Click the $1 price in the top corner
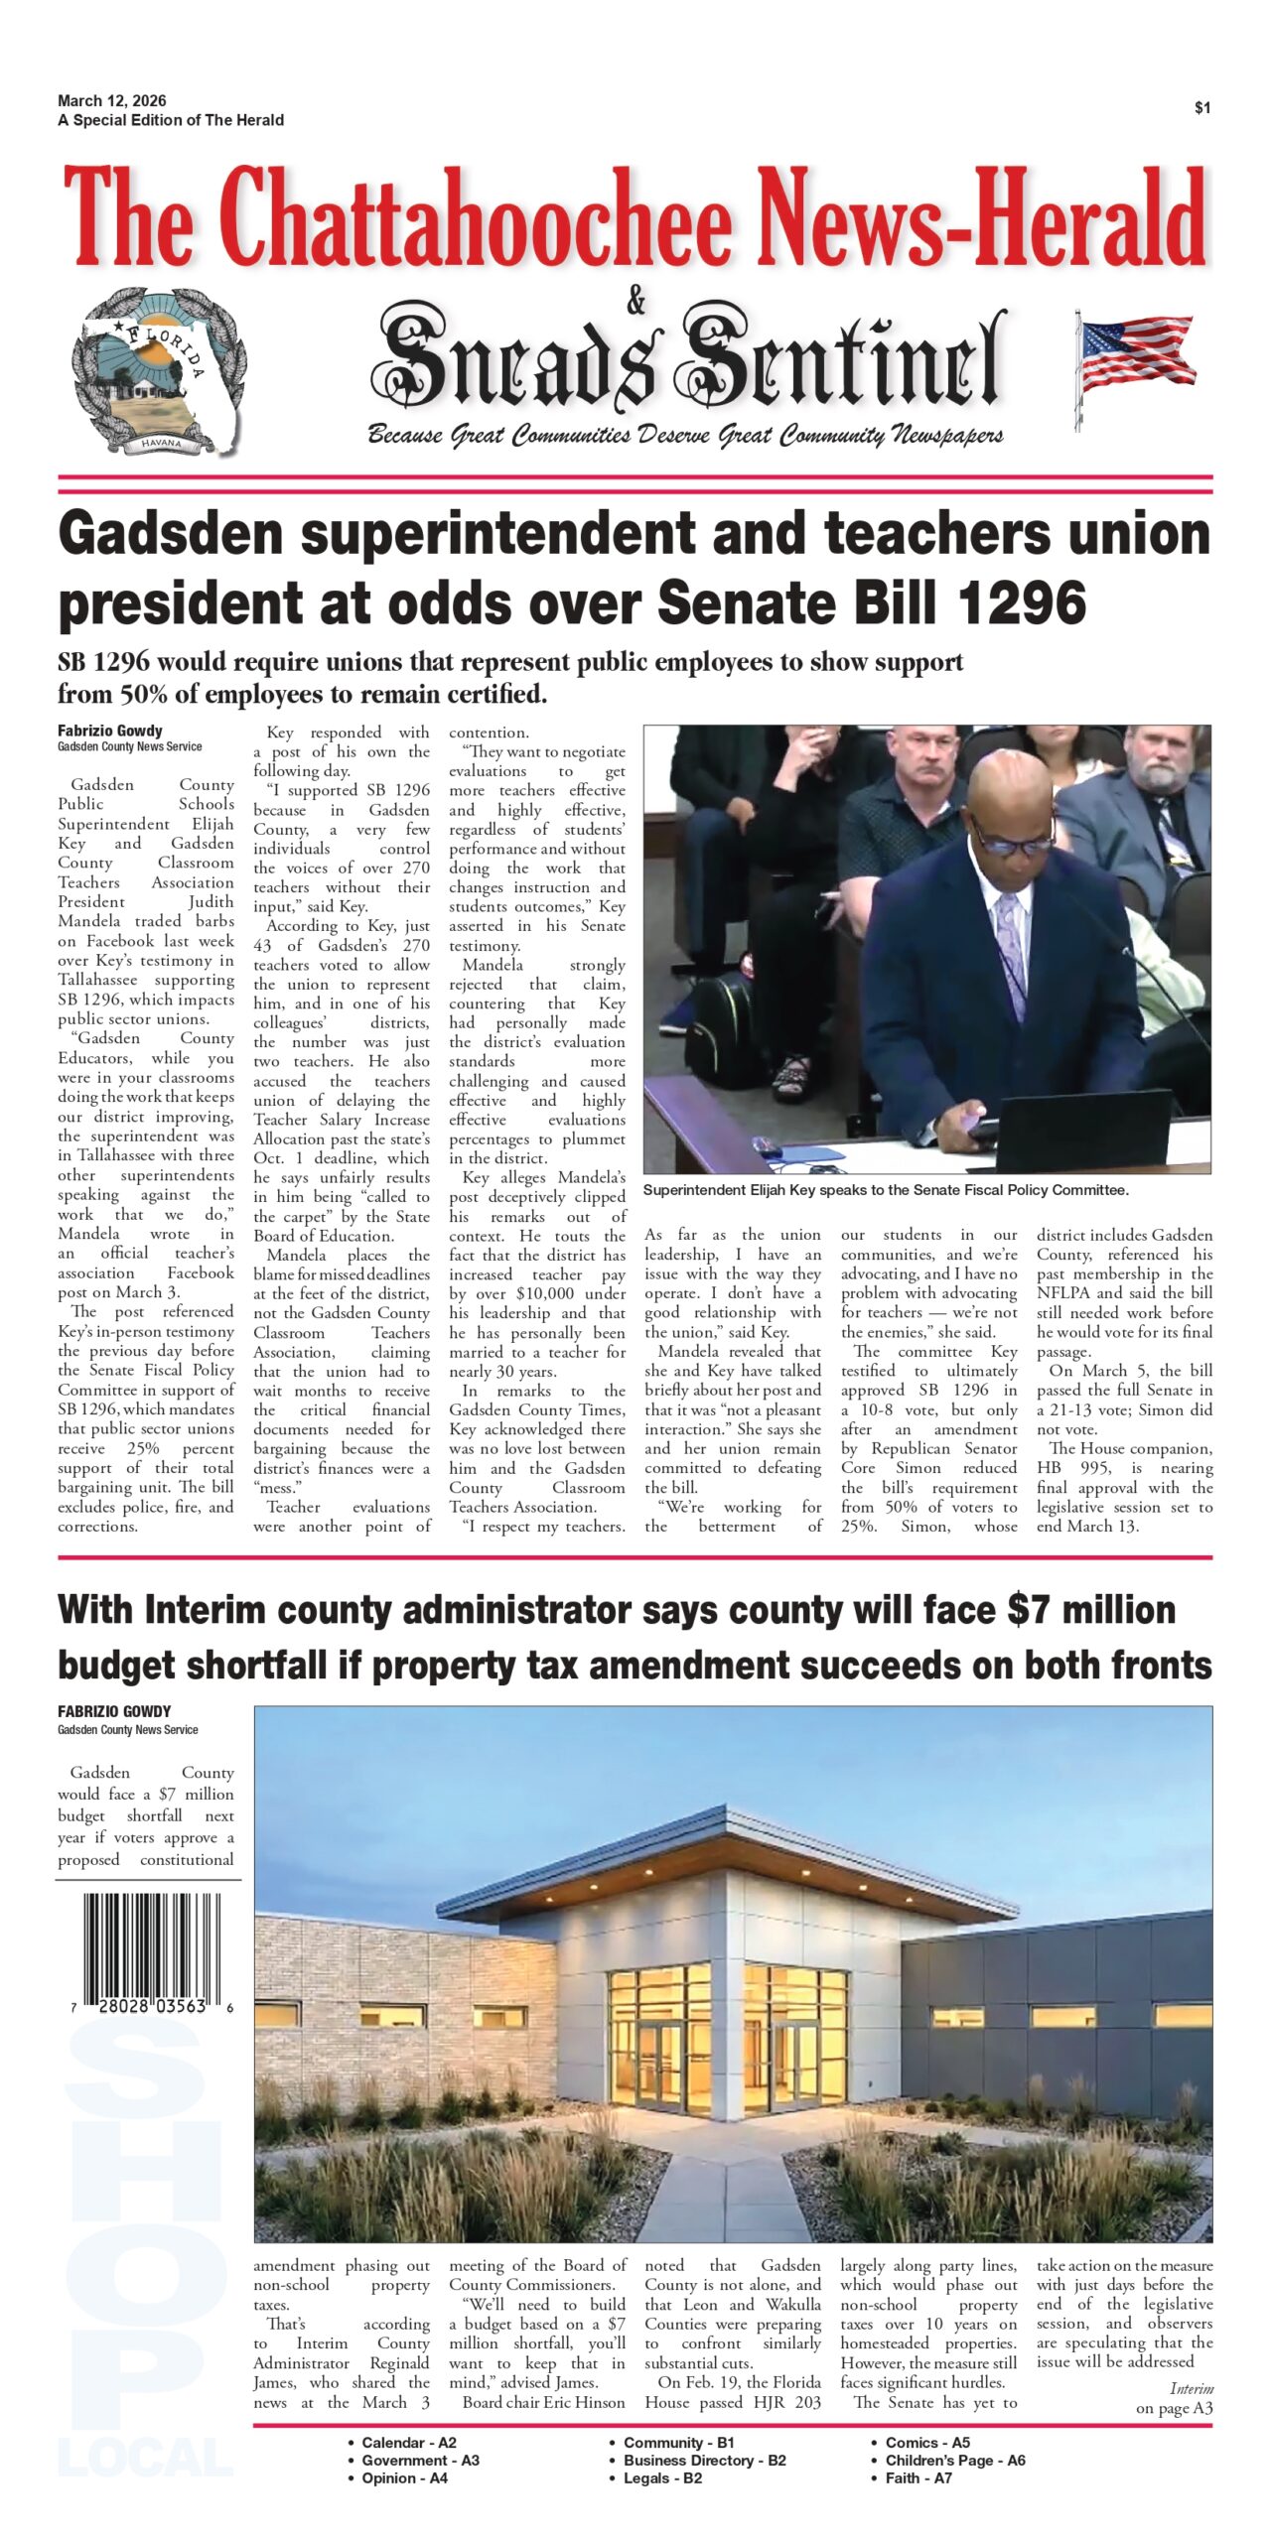1201,108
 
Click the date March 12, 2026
111,100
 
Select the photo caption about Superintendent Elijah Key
886,1190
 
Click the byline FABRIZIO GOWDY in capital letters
114,1711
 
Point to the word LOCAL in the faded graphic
146,2458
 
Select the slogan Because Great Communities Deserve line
685,435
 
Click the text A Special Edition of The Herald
171,120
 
